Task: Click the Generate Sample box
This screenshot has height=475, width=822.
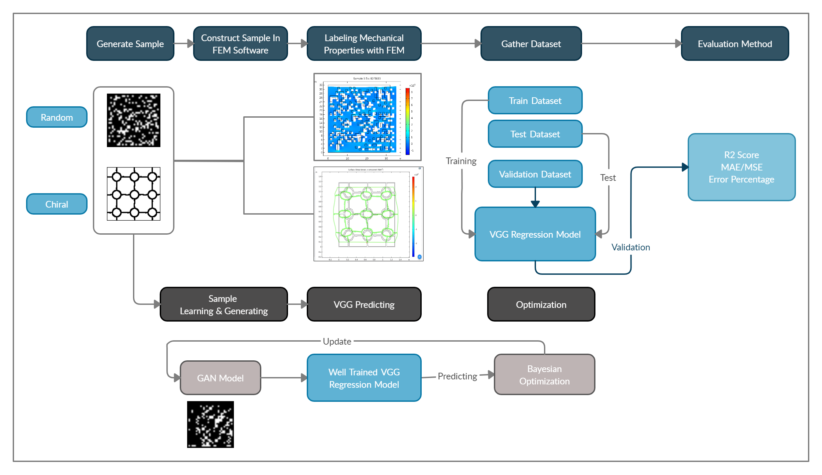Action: [130, 44]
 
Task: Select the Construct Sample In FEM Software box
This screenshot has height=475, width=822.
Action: [240, 44]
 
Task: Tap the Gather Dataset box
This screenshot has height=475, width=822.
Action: [531, 44]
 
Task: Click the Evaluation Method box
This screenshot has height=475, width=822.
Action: [735, 44]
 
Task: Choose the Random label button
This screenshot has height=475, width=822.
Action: [57, 117]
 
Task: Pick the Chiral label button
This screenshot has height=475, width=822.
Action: [57, 204]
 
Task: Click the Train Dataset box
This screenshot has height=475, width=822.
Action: [535, 101]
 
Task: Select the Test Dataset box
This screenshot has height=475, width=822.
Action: [535, 134]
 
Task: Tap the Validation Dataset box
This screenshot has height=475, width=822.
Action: [535, 174]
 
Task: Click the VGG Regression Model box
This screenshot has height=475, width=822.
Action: [535, 234]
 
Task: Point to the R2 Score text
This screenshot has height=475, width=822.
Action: [741, 155]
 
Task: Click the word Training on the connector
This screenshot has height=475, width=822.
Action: [461, 161]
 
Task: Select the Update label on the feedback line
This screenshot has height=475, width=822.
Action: [337, 341]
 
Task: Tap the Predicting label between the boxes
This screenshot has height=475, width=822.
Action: [457, 376]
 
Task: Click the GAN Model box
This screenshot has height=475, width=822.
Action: [221, 378]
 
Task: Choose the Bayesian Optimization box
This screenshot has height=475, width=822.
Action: [544, 375]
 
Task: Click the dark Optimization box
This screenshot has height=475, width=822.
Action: [541, 305]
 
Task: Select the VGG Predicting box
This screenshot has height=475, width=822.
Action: [364, 305]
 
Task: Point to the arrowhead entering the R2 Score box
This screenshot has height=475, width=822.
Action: [685, 167]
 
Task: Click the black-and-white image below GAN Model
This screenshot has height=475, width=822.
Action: [211, 425]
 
